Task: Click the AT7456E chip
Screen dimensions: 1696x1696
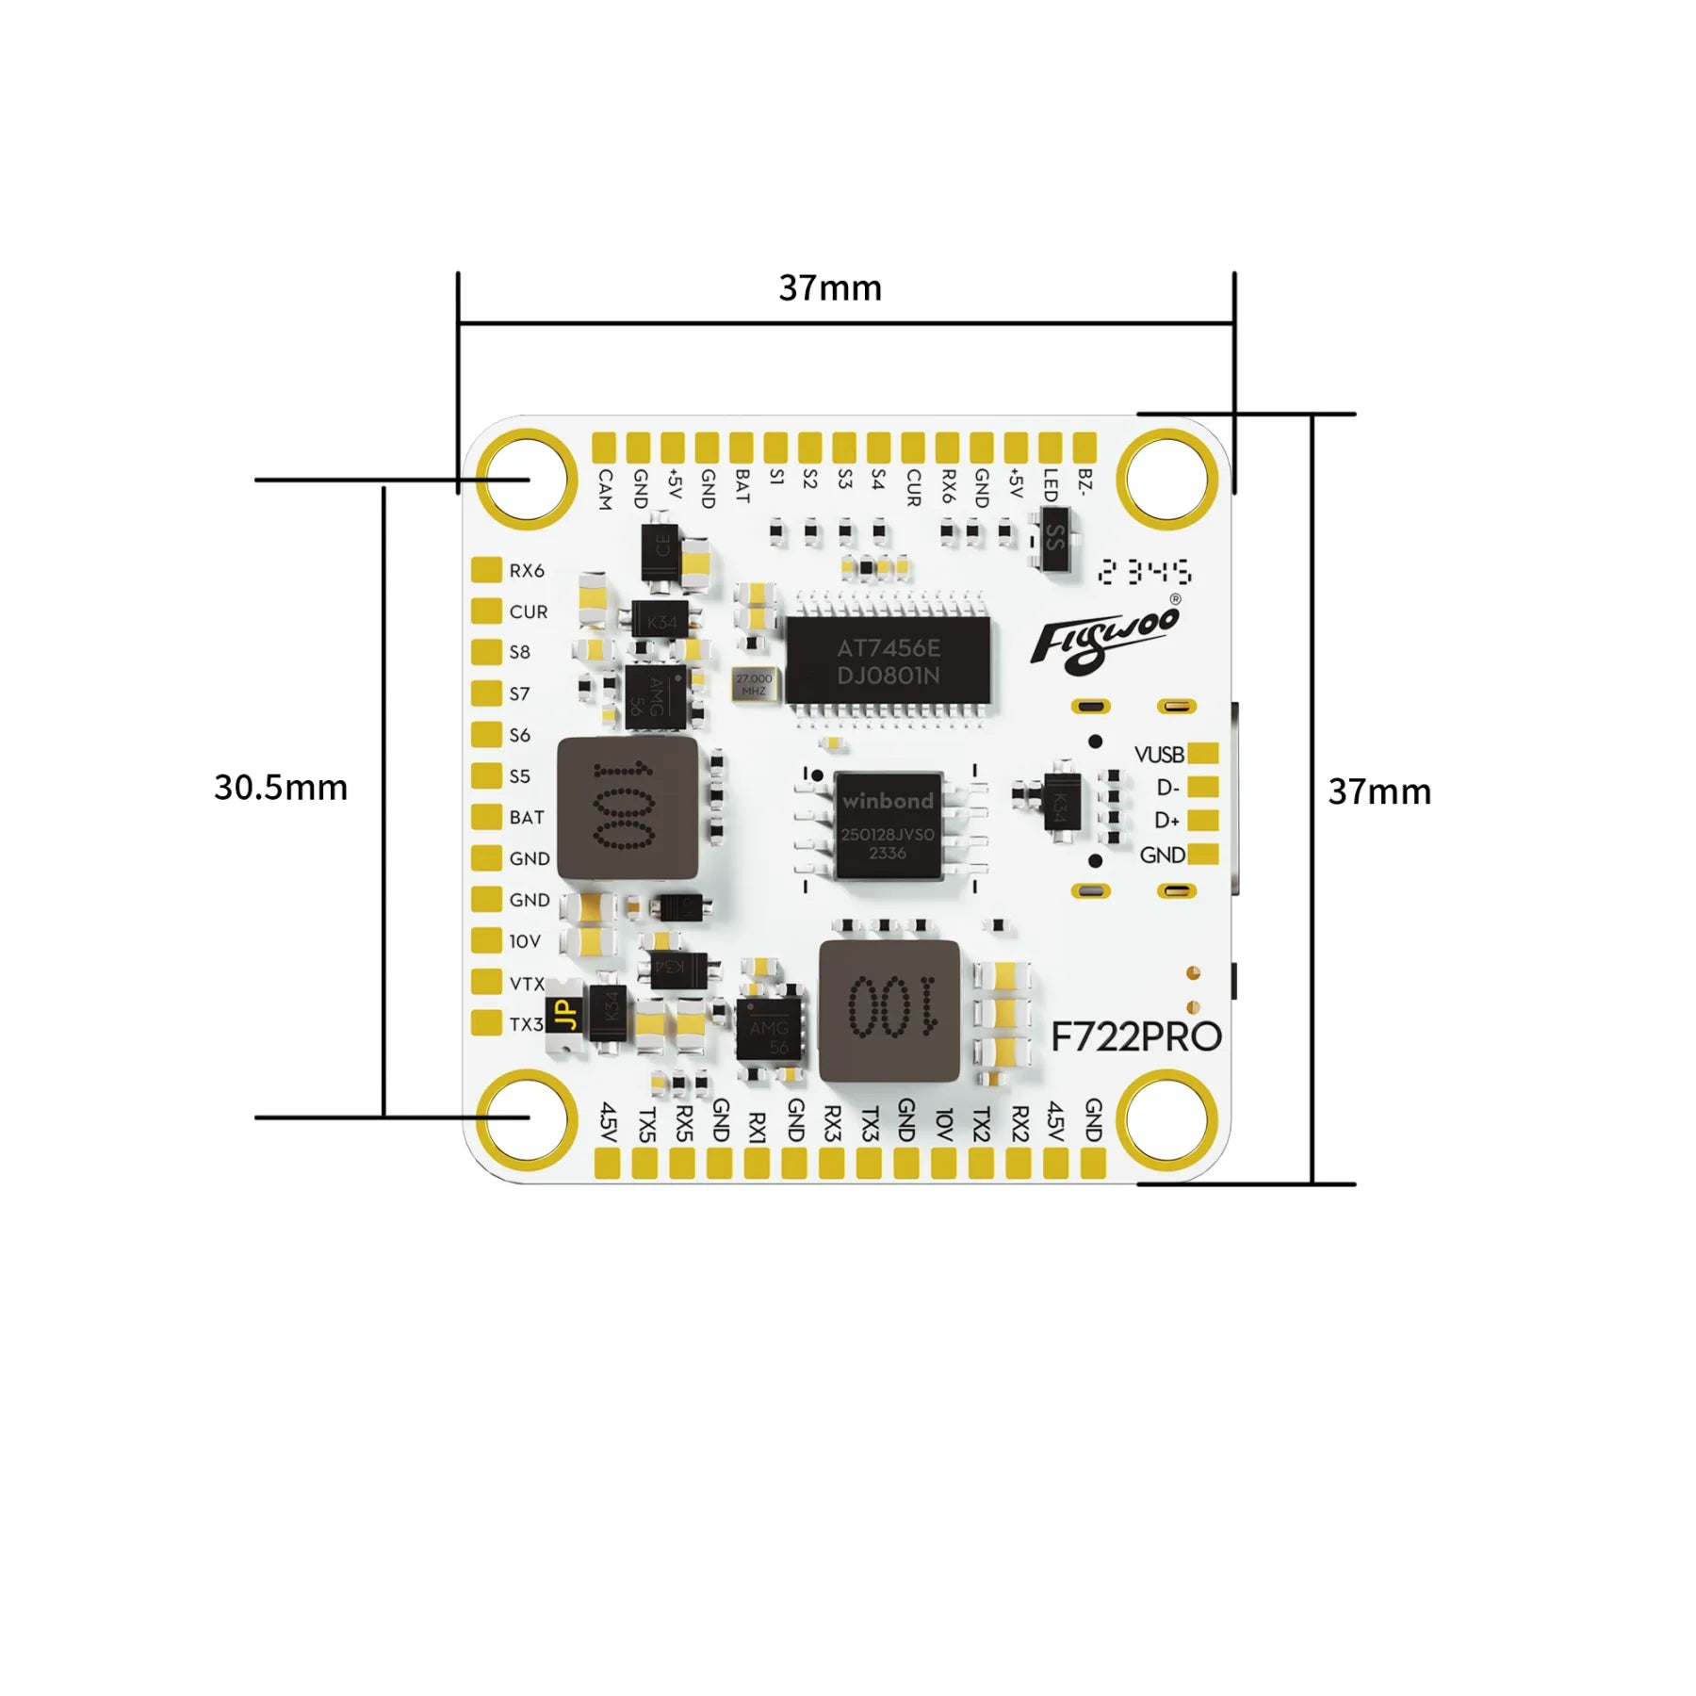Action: click(x=888, y=661)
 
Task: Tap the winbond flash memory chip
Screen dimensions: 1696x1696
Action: click(x=888, y=826)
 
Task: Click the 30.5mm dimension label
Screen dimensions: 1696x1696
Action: click(x=281, y=788)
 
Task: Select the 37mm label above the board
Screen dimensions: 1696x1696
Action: click(x=830, y=288)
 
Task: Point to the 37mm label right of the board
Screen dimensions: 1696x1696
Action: click(x=1379, y=791)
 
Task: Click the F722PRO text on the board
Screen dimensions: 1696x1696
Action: click(x=1135, y=1037)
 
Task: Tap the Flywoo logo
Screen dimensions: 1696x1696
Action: click(x=1104, y=638)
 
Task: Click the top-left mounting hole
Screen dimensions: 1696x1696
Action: click(x=527, y=479)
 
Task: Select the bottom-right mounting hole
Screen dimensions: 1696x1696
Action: click(x=1167, y=1117)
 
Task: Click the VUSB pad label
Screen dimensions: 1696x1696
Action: click(x=1159, y=755)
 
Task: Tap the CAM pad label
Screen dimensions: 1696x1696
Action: click(x=605, y=489)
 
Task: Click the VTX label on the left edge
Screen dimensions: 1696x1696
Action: click(x=527, y=984)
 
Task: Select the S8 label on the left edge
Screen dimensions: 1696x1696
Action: click(x=520, y=652)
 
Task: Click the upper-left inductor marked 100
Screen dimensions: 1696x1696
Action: click(x=628, y=808)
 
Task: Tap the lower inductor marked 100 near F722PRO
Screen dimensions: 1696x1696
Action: click(x=889, y=1011)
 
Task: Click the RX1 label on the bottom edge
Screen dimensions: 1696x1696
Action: click(x=757, y=1127)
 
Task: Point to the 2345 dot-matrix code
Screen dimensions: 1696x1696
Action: click(x=1145, y=572)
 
